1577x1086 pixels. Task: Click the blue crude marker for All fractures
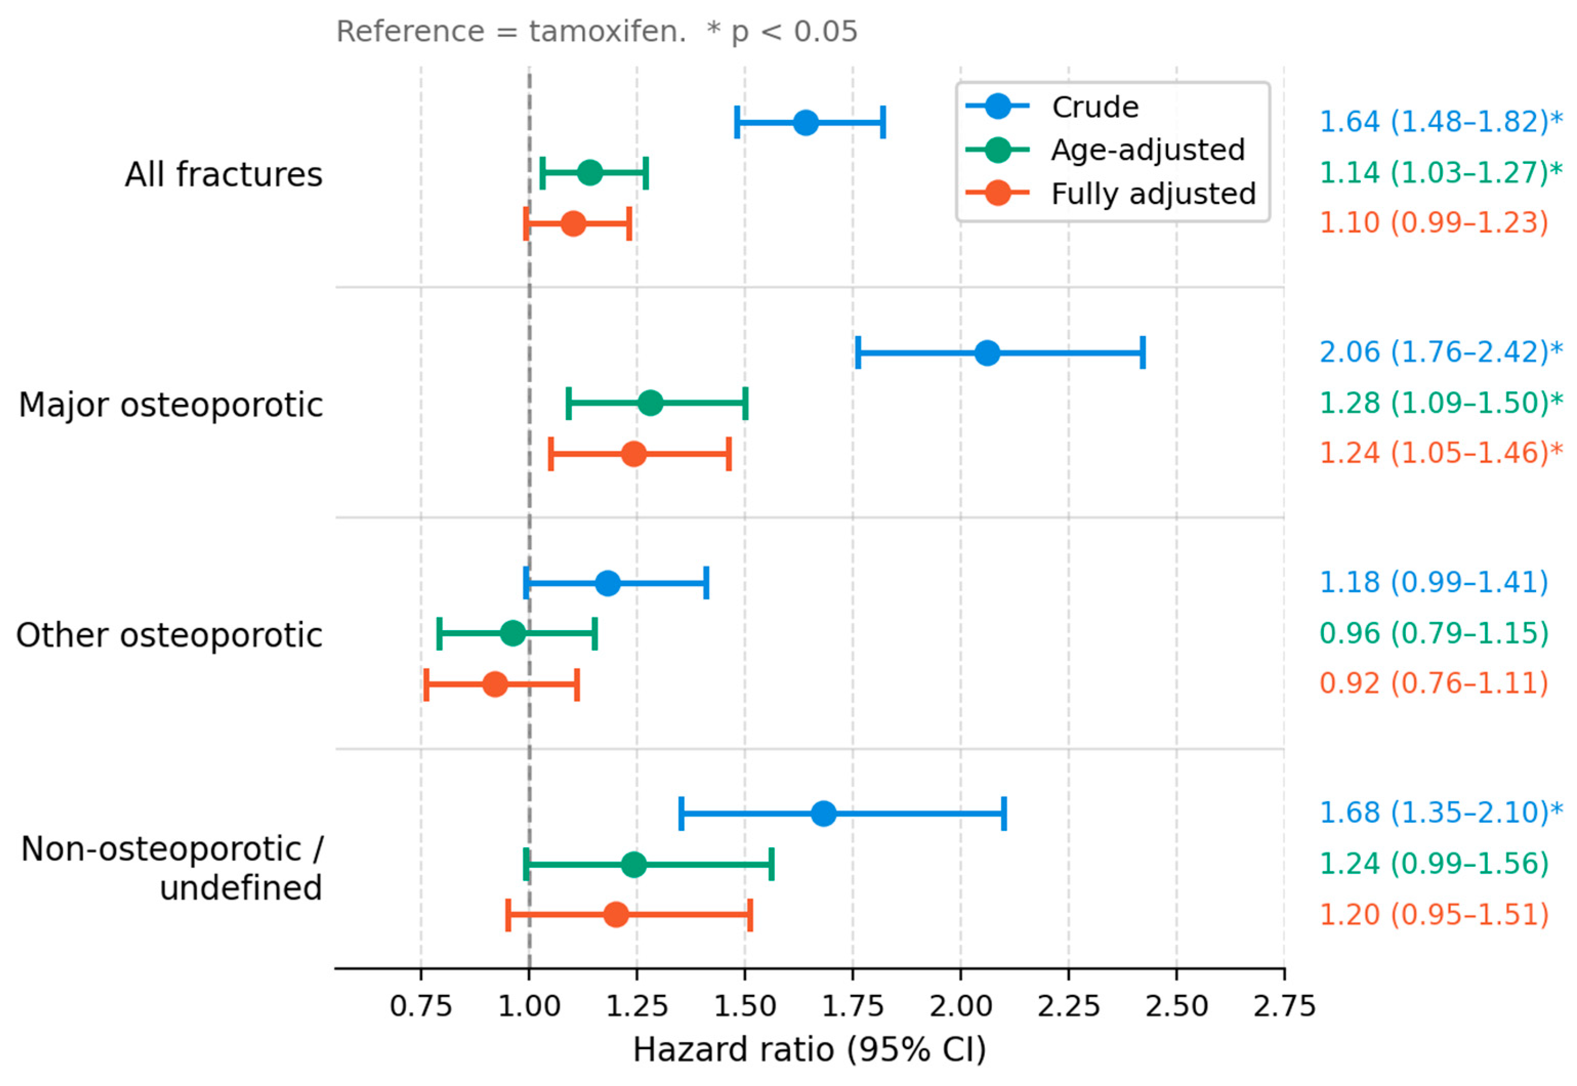tap(806, 123)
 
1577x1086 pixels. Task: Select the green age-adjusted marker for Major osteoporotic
tap(650, 403)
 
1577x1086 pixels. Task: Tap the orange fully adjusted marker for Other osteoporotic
tap(495, 684)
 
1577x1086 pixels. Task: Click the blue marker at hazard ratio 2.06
tap(987, 353)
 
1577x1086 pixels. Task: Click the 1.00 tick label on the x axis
tap(529, 1006)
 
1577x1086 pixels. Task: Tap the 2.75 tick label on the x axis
tap(1285, 1006)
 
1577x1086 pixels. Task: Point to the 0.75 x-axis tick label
tap(421, 1006)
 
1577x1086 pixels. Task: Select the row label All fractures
tap(223, 174)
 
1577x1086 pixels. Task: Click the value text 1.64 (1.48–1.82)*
tap(1441, 122)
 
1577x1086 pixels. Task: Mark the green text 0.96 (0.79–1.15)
tap(1434, 634)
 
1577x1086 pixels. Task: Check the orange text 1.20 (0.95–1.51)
tap(1434, 914)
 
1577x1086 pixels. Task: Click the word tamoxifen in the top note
tap(607, 31)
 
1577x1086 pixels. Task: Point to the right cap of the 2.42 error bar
tap(1143, 353)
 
